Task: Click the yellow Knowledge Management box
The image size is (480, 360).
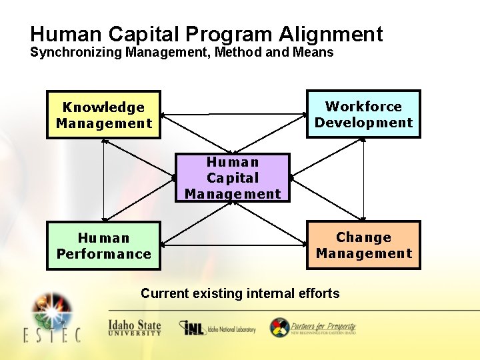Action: coord(103,115)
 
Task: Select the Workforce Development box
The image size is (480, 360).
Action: coord(363,114)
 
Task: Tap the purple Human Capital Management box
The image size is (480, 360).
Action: coord(233,177)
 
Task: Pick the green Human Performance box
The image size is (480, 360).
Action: coord(103,245)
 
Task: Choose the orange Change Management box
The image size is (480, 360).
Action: coord(363,245)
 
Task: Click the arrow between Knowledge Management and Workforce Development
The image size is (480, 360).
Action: coord(233,114)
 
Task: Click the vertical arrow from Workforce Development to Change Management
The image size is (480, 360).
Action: coord(364,179)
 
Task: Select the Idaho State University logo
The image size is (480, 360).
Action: coord(135,328)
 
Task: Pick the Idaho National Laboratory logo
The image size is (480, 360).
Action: coord(217,329)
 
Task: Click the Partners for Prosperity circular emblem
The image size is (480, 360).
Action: coord(279,327)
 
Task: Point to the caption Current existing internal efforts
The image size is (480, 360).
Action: coord(240,293)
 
